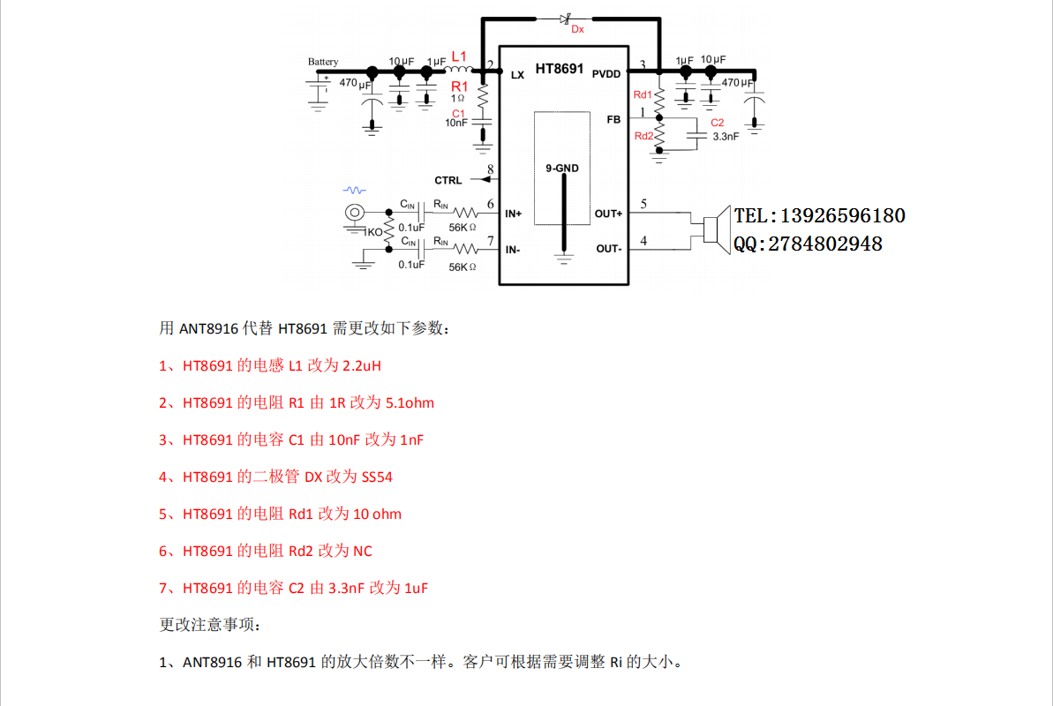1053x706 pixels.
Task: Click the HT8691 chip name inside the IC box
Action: click(x=560, y=69)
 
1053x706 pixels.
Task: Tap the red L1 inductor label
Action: click(x=459, y=56)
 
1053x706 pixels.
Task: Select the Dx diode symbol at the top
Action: click(x=565, y=18)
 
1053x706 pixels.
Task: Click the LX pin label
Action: click(x=517, y=75)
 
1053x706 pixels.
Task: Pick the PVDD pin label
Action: click(x=606, y=74)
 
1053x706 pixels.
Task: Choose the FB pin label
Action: click(x=613, y=118)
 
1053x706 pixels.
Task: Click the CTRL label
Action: click(x=448, y=181)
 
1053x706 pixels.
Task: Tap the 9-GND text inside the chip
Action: click(x=562, y=168)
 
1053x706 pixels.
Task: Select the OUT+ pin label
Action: click(x=608, y=214)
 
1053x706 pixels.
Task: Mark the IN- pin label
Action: click(x=513, y=250)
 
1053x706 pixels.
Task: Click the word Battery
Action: click(x=323, y=62)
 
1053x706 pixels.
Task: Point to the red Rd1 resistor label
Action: click(x=643, y=94)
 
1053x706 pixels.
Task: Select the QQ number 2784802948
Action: click(x=825, y=244)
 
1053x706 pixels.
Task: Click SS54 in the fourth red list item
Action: click(x=377, y=477)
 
